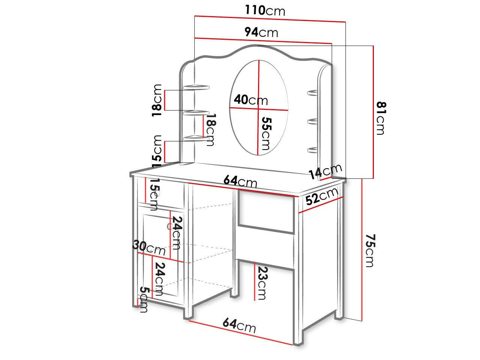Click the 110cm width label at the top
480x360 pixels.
(x=265, y=10)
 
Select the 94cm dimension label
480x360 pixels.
(x=261, y=32)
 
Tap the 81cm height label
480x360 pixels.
(x=381, y=118)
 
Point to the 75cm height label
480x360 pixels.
(x=370, y=251)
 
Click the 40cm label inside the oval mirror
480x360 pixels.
(x=251, y=100)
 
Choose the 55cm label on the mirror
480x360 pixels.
(x=266, y=133)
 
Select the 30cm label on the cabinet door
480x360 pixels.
(x=149, y=247)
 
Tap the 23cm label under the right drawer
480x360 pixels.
(x=262, y=283)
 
